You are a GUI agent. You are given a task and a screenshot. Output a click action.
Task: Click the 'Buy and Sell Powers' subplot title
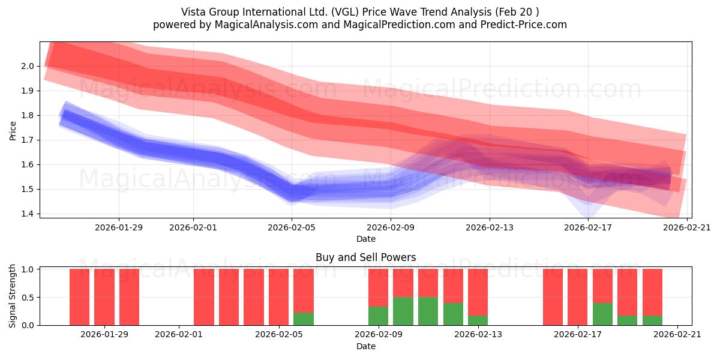pyautogui.click(x=365, y=257)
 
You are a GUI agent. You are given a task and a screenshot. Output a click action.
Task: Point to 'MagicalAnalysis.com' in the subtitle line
pyautogui.click(x=266, y=25)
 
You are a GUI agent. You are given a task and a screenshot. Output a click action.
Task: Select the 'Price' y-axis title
pyautogui.click(x=13, y=131)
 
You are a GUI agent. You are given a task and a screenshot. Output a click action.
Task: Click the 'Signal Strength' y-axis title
pyautogui.click(x=12, y=296)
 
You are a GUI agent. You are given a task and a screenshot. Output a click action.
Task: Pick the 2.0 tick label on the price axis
pyautogui.click(x=28, y=66)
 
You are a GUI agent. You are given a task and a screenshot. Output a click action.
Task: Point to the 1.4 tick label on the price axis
pyautogui.click(x=28, y=214)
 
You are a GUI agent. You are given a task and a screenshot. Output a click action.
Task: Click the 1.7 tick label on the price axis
pyautogui.click(x=28, y=140)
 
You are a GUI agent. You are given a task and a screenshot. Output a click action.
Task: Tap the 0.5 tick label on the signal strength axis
pyautogui.click(x=28, y=298)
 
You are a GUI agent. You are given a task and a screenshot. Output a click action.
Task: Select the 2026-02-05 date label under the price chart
pyautogui.click(x=292, y=227)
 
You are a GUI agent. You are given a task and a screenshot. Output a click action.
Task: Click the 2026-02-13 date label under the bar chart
pyautogui.click(x=478, y=334)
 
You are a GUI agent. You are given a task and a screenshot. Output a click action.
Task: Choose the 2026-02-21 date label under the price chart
pyautogui.click(x=687, y=227)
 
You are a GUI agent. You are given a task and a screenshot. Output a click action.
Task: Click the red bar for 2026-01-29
pyautogui.click(x=104, y=297)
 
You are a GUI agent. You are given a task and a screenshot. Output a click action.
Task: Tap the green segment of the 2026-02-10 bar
pyautogui.click(x=403, y=311)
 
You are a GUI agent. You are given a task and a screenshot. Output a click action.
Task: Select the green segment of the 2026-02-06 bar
pyautogui.click(x=304, y=319)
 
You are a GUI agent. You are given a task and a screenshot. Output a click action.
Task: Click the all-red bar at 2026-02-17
pyautogui.click(x=577, y=297)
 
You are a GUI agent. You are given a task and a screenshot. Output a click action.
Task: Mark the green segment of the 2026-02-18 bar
pyautogui.click(x=602, y=314)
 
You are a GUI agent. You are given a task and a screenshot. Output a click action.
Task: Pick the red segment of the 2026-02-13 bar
pyautogui.click(x=478, y=292)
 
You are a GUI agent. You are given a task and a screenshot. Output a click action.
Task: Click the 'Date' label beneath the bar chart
pyautogui.click(x=366, y=346)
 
